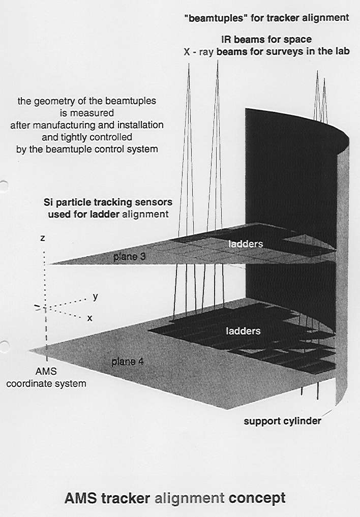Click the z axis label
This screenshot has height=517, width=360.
(x=43, y=238)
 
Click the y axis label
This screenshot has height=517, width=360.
(x=95, y=297)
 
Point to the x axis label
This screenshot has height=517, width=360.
(x=89, y=318)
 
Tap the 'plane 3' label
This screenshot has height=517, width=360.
(x=129, y=257)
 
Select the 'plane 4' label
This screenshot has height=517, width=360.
(x=127, y=362)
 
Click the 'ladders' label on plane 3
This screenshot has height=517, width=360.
(x=246, y=244)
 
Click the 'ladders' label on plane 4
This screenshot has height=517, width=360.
(x=243, y=331)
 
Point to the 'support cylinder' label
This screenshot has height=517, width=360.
(x=283, y=421)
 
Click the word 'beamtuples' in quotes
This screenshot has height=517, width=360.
(x=216, y=18)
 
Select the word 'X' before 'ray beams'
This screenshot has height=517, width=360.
(x=187, y=52)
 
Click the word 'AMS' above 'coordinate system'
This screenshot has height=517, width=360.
(x=46, y=371)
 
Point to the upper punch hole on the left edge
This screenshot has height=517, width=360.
(x=3, y=186)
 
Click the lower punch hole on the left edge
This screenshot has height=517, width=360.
(x=3, y=347)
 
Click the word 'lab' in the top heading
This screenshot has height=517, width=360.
(x=342, y=51)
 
